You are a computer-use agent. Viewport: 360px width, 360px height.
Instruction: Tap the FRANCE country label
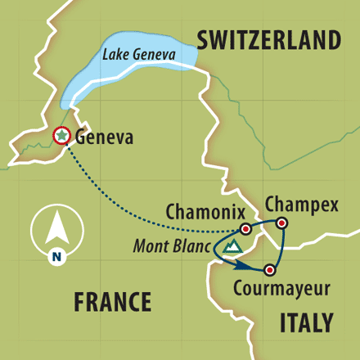pyautogui.click(x=112, y=302)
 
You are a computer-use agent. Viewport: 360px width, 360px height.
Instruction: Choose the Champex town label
pyautogui.click(x=301, y=204)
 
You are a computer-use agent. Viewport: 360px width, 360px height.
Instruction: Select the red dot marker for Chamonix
pyautogui.click(x=245, y=229)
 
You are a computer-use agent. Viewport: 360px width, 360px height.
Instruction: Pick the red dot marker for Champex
pyautogui.click(x=281, y=223)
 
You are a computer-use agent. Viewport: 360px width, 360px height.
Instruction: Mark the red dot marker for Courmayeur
pyautogui.click(x=269, y=269)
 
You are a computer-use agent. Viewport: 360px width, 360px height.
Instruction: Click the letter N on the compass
pyautogui.click(x=56, y=255)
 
